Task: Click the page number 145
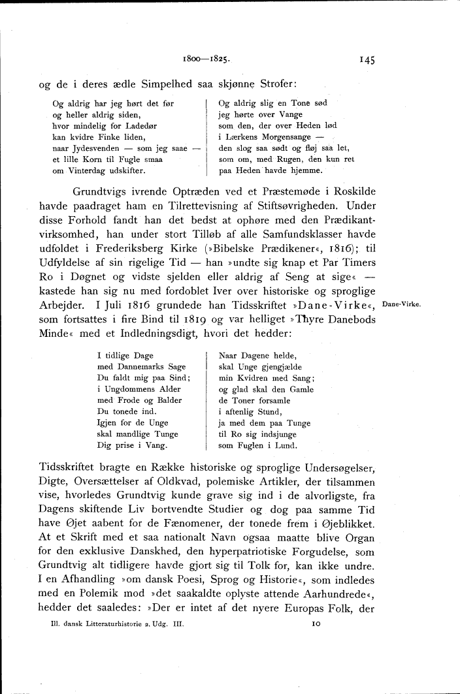click(x=365, y=59)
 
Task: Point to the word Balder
click(x=169, y=400)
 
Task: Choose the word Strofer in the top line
click(x=274, y=84)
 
